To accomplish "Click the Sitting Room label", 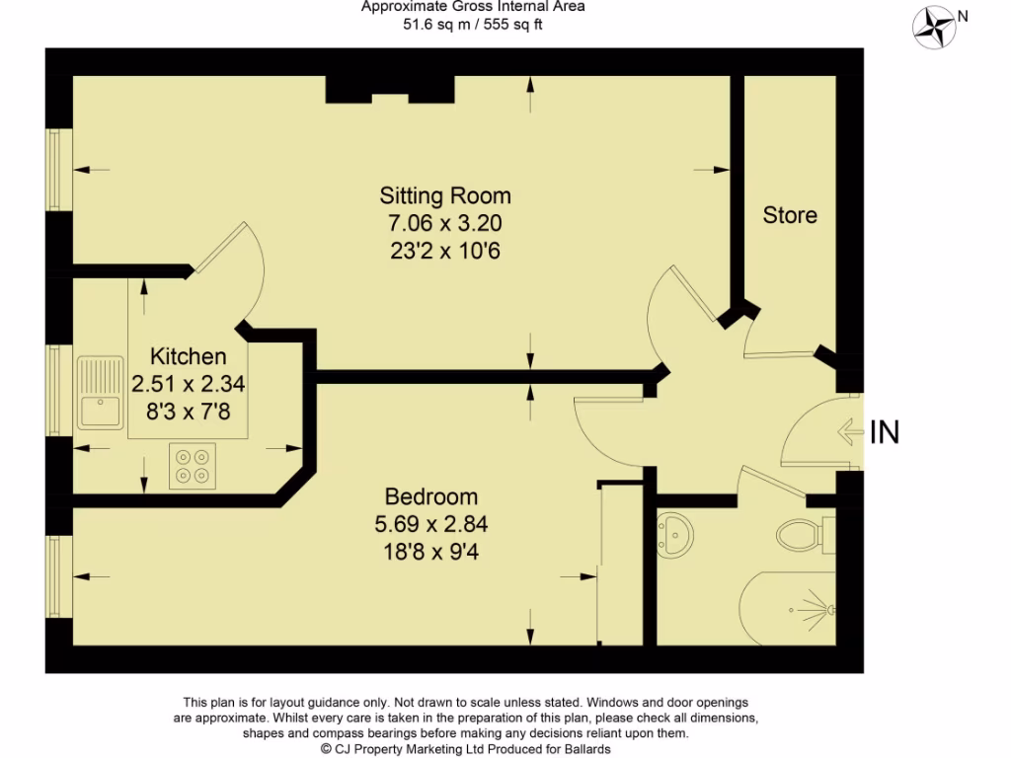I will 445,194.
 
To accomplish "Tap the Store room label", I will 790,214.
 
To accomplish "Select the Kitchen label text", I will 188,356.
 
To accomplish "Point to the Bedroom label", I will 431,496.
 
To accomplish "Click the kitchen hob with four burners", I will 193,465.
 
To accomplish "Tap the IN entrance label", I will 885,431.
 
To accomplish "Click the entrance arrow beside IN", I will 848,431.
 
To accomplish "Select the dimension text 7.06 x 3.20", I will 445,223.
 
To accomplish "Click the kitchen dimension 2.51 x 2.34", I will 188,384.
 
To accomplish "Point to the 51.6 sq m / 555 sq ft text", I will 472,25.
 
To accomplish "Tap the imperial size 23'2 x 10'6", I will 445,251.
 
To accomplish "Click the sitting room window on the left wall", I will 56,169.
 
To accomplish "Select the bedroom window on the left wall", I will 56,577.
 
